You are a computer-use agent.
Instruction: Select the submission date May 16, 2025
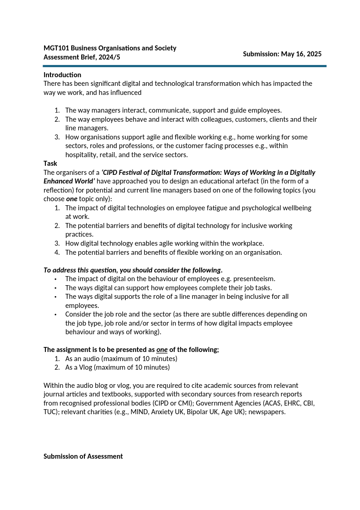[301, 54]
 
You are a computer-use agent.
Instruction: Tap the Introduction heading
[62, 75]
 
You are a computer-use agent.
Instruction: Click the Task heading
[50, 163]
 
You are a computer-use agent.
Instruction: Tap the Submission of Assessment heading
[83, 456]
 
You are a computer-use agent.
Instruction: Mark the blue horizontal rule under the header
[184, 66]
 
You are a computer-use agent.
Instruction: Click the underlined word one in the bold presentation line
[162, 350]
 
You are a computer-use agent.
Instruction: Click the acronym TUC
[50, 412]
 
